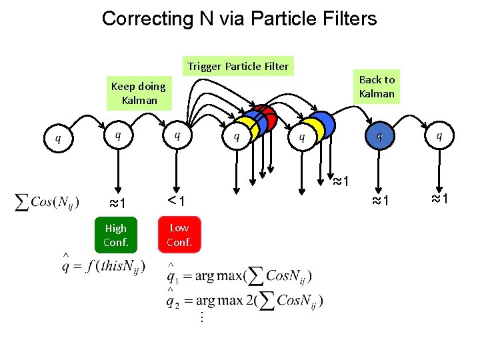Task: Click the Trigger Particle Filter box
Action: [238, 66]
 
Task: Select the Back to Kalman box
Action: [377, 87]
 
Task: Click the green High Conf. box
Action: [115, 235]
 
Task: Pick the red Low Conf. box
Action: [179, 235]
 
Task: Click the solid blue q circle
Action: [379, 136]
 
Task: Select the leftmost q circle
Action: [58, 138]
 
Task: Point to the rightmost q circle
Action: [438, 136]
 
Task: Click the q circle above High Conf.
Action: [118, 136]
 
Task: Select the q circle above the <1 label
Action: [177, 136]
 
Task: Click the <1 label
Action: [176, 201]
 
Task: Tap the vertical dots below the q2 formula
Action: [200, 318]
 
